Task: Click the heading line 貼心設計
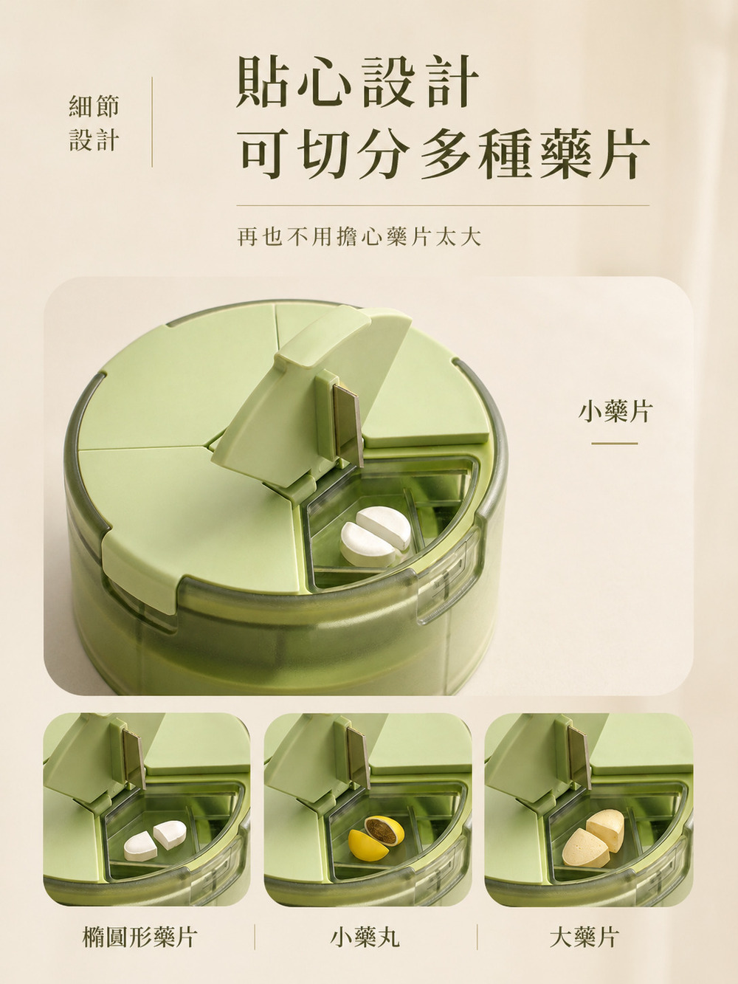(x=357, y=82)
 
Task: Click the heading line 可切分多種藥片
(x=442, y=153)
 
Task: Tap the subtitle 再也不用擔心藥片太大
(x=359, y=236)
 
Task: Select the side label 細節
(x=94, y=106)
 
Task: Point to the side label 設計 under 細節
(x=94, y=140)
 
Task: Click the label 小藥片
(x=614, y=412)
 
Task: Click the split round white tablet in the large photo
(x=376, y=536)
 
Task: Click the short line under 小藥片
(x=614, y=444)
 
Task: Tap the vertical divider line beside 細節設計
(x=152, y=122)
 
